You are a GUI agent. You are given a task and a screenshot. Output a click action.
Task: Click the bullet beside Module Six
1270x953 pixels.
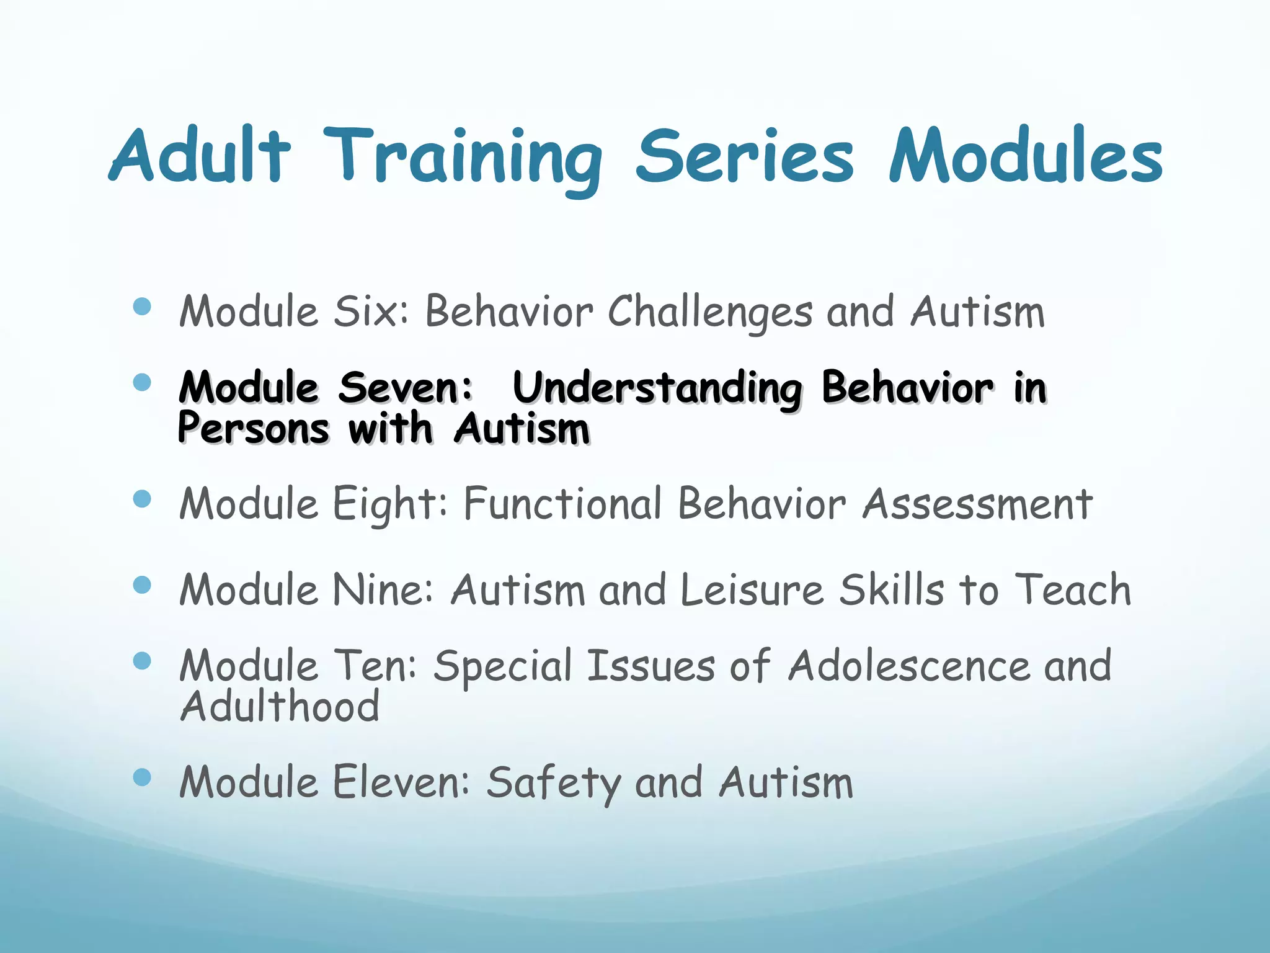pyautogui.click(x=142, y=306)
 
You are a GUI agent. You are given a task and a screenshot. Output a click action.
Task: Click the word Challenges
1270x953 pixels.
pyautogui.click(x=709, y=312)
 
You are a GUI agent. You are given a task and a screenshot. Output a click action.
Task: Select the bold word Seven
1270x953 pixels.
pyautogui.click(x=406, y=388)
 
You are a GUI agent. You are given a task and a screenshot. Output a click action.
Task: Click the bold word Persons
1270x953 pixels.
pyautogui.click(x=253, y=429)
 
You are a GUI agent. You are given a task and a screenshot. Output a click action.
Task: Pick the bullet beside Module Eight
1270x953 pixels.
pyautogui.click(x=142, y=499)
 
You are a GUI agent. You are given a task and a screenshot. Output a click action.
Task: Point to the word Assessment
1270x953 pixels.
pyautogui.click(x=977, y=503)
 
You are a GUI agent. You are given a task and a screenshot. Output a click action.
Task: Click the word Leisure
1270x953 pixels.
pyautogui.click(x=752, y=589)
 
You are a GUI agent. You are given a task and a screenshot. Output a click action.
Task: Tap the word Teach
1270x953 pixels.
pyautogui.click(x=1073, y=589)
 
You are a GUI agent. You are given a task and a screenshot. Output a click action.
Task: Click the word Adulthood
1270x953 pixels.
pyautogui.click(x=280, y=707)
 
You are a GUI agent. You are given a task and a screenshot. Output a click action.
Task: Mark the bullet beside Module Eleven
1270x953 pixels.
pyautogui.click(x=142, y=777)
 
